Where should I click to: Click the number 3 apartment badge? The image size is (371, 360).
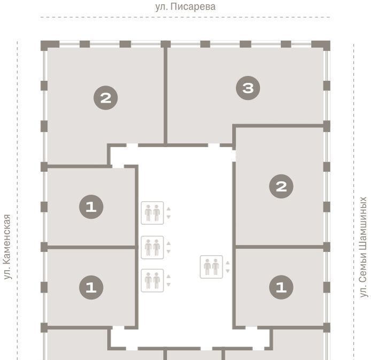tap(248, 88)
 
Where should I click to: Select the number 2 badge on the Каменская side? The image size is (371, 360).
tap(105, 98)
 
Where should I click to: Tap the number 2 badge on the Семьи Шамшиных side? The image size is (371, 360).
tap(281, 187)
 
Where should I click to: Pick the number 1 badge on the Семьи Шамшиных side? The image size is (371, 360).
tap(281, 287)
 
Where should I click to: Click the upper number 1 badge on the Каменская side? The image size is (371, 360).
tap(91, 206)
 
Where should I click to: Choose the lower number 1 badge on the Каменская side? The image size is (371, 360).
tap(91, 287)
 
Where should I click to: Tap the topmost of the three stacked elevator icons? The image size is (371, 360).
tap(152, 213)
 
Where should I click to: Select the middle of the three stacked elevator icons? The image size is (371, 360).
tap(152, 247)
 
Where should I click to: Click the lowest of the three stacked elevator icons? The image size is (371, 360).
tap(152, 280)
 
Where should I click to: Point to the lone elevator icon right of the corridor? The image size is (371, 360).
tap(211, 267)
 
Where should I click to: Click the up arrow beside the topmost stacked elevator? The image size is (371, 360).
tap(169, 209)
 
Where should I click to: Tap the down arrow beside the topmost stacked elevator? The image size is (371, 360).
tap(169, 217)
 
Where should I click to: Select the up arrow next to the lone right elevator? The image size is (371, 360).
tap(228, 263)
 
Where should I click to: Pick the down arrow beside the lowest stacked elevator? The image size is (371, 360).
tap(169, 285)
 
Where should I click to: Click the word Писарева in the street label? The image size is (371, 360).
tap(193, 7)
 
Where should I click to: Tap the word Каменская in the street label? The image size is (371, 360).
tap(7, 239)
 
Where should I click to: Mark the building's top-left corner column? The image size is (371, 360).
tap(50, 45)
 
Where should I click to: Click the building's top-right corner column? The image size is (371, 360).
tap(321, 45)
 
